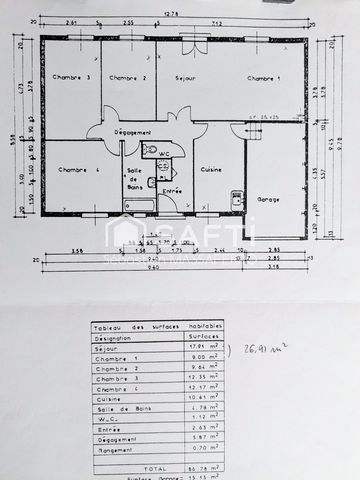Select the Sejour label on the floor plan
pyautogui.click(x=185, y=78)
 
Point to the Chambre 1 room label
pyautogui.click(x=264, y=78)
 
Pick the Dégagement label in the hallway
pyautogui.click(x=133, y=132)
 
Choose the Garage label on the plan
pyautogui.click(x=269, y=199)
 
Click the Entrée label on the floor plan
pyautogui.click(x=172, y=191)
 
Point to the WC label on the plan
pyautogui.click(x=163, y=152)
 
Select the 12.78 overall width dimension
pyautogui.click(x=171, y=14)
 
